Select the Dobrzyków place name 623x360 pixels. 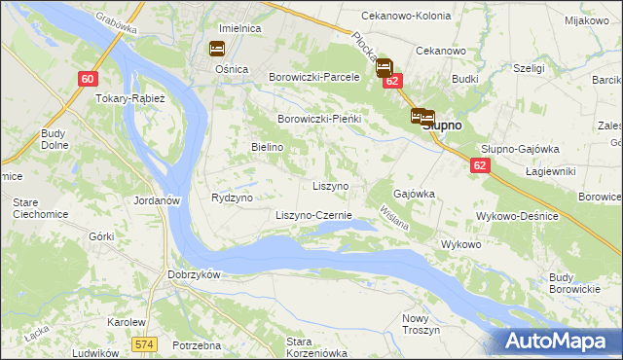coord(196,274)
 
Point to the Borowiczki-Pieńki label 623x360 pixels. coord(320,119)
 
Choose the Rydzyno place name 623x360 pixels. coord(232,198)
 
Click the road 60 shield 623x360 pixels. coord(88,80)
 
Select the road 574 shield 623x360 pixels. coord(145,344)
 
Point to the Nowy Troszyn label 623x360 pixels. coord(421,324)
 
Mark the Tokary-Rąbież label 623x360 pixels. coord(130,98)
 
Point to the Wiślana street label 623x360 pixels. coord(393,216)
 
